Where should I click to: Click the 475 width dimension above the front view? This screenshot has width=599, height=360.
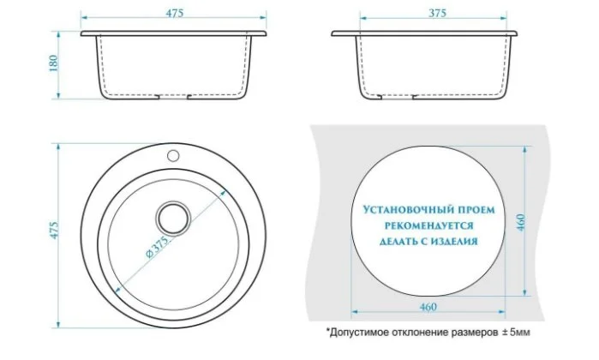click(x=174, y=13)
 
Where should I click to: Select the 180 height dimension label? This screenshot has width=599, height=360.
click(x=53, y=63)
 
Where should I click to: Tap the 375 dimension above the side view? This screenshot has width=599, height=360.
click(x=437, y=13)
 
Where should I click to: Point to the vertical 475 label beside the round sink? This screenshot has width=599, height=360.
click(x=54, y=231)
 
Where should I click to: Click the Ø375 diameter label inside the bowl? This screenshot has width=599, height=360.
click(x=157, y=247)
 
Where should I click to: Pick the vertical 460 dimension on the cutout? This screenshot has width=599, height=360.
click(x=521, y=222)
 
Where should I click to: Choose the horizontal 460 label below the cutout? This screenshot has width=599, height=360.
click(x=428, y=307)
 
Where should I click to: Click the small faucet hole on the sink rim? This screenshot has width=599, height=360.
click(x=173, y=155)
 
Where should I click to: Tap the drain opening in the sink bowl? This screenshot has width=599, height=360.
click(x=174, y=219)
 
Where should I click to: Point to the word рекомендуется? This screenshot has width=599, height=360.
click(x=428, y=225)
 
